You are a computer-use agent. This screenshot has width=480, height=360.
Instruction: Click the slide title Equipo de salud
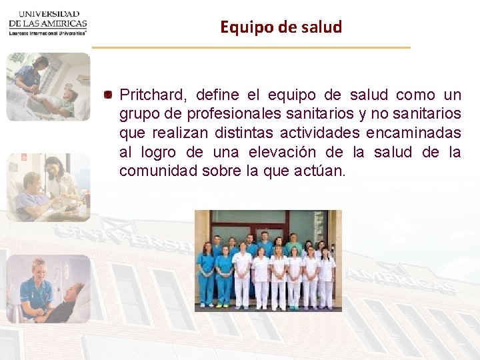pos(281,27)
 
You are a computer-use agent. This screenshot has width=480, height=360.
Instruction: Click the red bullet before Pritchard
pos(107,95)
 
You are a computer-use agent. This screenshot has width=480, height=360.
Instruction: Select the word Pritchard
pos(147,95)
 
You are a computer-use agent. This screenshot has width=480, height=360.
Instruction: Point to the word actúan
pos(319,171)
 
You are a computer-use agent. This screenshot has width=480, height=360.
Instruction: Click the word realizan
pos(173,133)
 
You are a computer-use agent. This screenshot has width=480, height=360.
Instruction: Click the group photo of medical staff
pos(267,261)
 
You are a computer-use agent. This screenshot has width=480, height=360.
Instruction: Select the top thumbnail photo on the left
pos(48,87)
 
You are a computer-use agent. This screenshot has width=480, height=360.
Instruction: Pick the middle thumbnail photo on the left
pos(48,187)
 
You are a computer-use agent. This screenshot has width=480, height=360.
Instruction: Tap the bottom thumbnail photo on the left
pos(48,289)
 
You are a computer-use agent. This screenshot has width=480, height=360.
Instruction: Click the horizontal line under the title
pos(251,47)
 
